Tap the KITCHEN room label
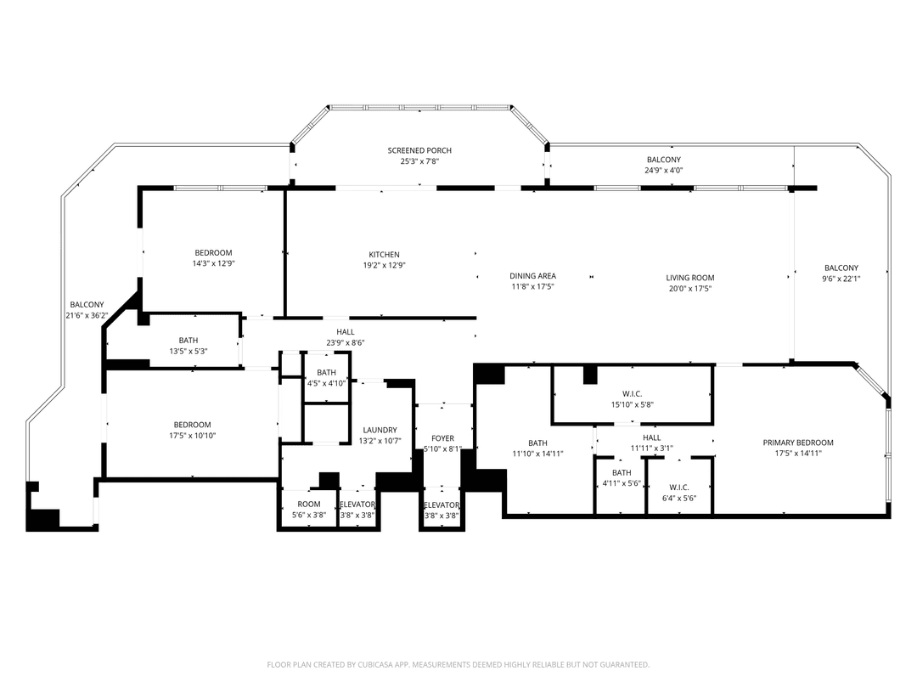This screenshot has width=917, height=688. point(384,255)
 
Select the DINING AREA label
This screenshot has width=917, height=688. point(532,276)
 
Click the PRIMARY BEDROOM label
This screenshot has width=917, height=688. point(797,443)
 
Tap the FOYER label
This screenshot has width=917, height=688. point(442,438)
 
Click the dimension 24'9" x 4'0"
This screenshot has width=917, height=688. point(663,170)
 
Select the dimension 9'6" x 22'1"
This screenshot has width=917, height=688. point(841,279)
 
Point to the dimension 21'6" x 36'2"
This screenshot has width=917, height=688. point(87,316)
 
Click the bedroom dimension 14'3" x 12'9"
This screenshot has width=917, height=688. point(213,263)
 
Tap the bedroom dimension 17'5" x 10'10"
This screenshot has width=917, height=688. point(193,436)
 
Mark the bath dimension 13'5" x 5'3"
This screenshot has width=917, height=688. point(188,352)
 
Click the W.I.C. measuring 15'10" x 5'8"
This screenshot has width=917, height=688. point(632,404)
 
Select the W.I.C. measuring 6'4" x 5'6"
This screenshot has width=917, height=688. point(678,499)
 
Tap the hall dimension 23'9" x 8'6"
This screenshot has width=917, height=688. point(345,343)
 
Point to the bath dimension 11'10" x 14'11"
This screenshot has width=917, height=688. point(537,454)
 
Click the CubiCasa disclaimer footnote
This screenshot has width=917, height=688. point(458,664)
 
